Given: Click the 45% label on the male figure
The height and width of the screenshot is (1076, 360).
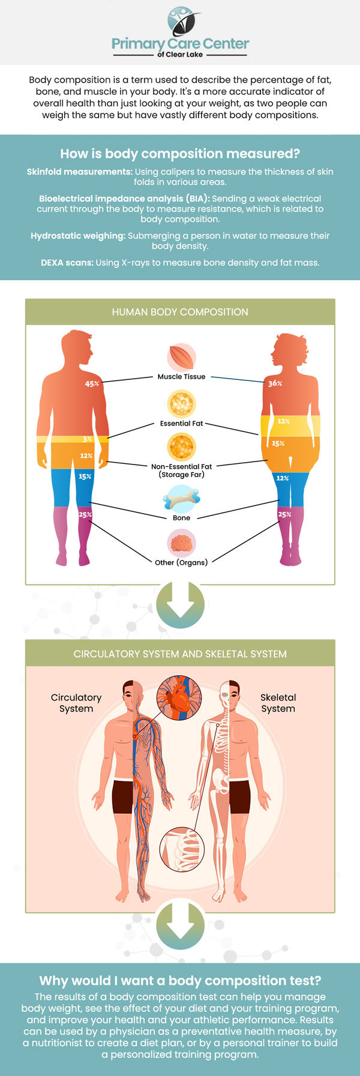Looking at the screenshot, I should tap(92, 383).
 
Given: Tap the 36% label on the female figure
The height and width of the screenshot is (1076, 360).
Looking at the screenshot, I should tap(275, 383).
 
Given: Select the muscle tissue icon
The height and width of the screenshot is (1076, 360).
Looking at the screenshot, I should tap(181, 358).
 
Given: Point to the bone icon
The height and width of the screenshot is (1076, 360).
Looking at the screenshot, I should tap(181, 499).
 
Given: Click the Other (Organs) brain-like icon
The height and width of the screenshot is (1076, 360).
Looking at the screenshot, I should tap(181, 544).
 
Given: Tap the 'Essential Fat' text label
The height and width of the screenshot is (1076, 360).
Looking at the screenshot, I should tap(181, 423).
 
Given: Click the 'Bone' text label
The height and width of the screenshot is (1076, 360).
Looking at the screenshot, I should tap(181, 517).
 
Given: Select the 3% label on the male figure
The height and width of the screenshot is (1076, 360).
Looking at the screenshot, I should tap(88, 439).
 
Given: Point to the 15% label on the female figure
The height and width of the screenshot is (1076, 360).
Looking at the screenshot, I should tap(278, 443).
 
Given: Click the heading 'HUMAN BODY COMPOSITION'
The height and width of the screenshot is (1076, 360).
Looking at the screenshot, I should tap(180, 312).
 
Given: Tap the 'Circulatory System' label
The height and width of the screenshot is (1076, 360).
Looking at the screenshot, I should tap(76, 703).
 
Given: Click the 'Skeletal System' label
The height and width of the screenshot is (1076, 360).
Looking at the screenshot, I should tap(278, 703).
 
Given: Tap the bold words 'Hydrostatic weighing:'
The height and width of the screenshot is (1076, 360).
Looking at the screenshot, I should tap(78, 236).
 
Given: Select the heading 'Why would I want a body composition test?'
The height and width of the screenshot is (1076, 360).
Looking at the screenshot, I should tap(180, 981).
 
